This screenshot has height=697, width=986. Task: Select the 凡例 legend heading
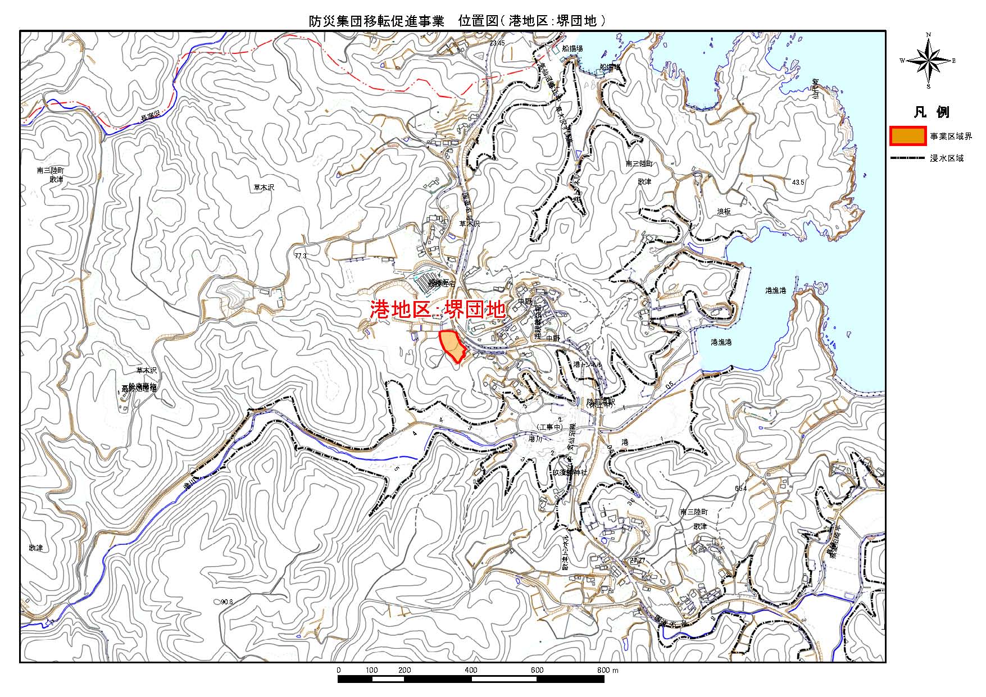(x=931, y=112)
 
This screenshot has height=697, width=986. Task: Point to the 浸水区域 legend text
(x=947, y=158)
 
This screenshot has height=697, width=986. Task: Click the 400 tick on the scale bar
(x=471, y=670)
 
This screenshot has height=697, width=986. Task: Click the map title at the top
(x=457, y=21)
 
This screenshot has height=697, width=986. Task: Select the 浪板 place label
(x=724, y=212)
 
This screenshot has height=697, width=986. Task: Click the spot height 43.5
(x=798, y=183)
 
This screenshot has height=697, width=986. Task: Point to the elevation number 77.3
(x=300, y=256)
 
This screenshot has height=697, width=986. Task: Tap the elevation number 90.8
(x=226, y=602)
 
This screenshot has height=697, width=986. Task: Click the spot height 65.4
(x=740, y=489)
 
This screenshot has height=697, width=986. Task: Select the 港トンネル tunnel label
(x=588, y=365)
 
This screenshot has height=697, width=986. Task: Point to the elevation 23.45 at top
(x=497, y=43)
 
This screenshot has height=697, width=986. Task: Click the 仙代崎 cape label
(x=815, y=90)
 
